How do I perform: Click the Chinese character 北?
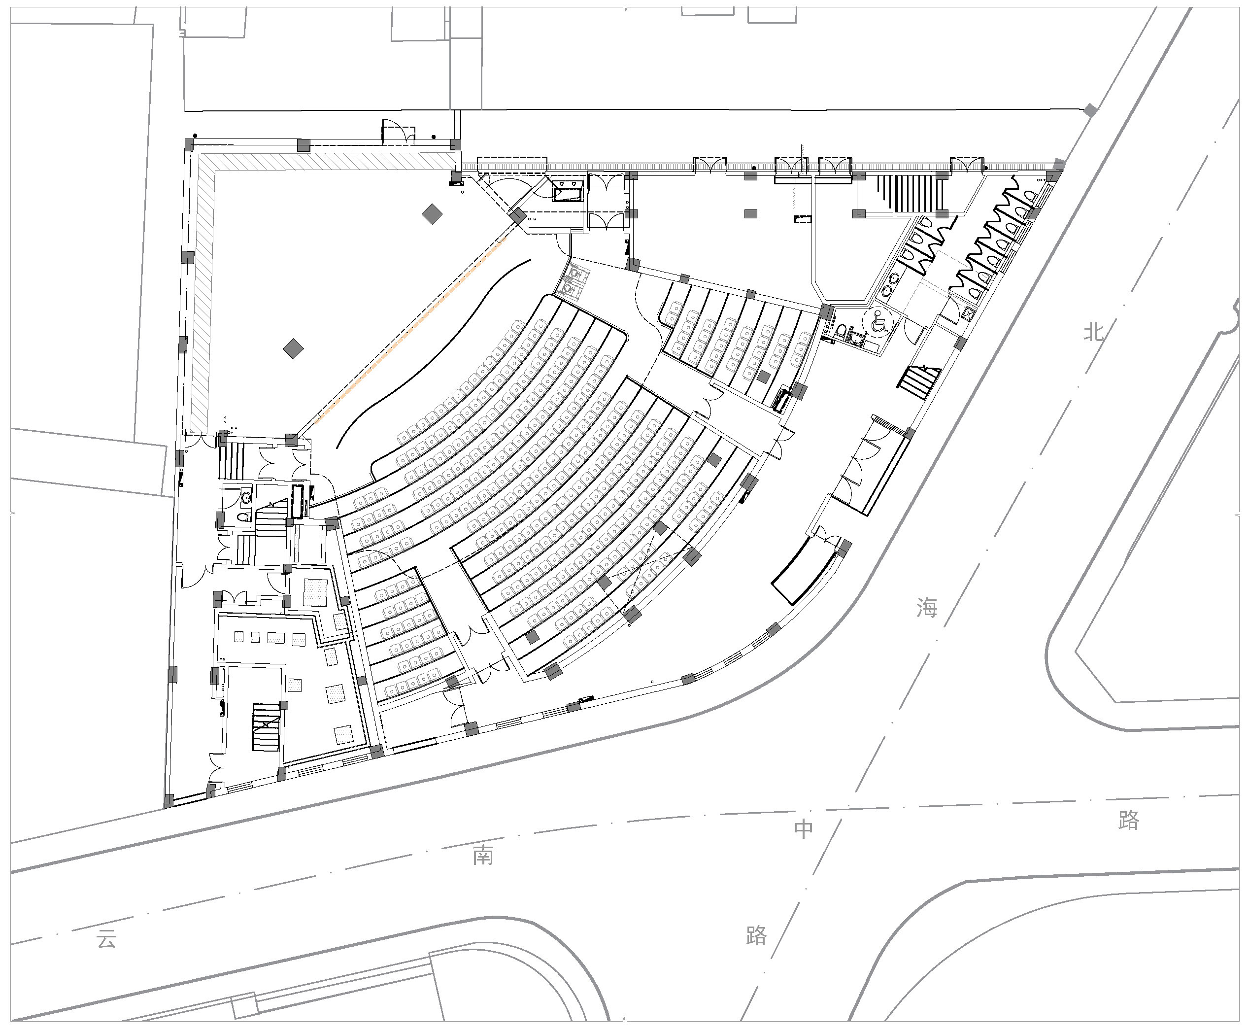coord(1093,332)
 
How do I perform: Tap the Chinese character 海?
coord(926,607)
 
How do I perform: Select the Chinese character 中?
coord(804,828)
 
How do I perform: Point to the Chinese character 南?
coord(483,856)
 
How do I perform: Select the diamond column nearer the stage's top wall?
coord(432,214)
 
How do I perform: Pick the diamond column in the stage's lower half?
coord(293,348)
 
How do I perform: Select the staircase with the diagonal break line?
coord(266,727)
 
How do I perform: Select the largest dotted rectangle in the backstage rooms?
coord(315,593)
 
